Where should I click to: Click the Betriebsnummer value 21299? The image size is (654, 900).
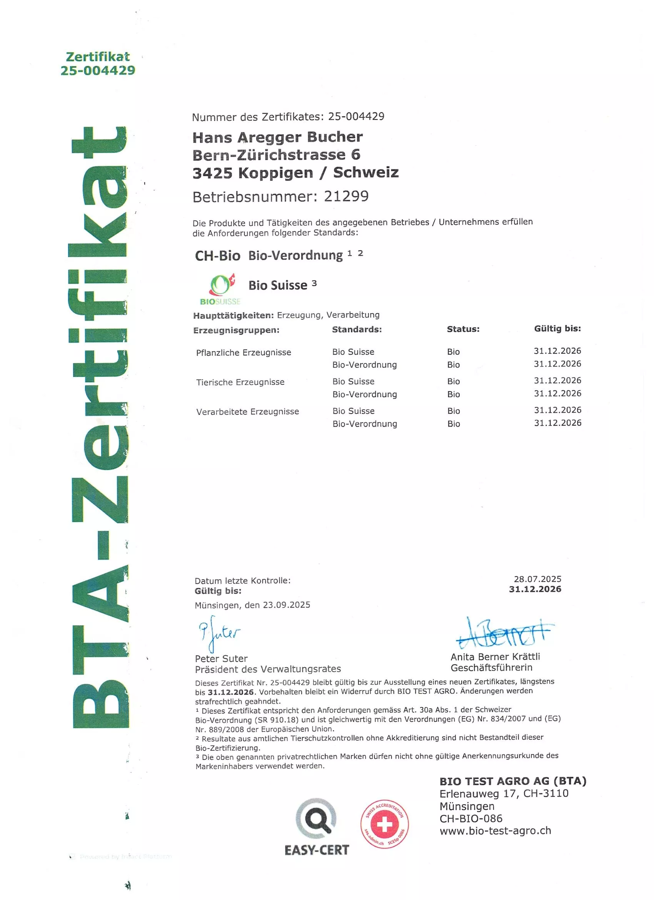click(x=346, y=196)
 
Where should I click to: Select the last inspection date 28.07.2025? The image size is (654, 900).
click(x=537, y=579)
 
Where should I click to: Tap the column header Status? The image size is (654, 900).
click(x=463, y=329)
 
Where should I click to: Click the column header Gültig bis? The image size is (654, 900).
click(x=557, y=328)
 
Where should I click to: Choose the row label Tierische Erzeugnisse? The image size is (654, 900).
click(x=240, y=382)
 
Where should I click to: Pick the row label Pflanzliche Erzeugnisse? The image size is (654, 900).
click(x=244, y=352)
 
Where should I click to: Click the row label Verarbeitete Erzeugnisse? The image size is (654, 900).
click(x=247, y=412)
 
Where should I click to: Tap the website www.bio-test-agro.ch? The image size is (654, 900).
click(x=496, y=831)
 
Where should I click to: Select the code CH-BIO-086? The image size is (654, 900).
click(x=471, y=818)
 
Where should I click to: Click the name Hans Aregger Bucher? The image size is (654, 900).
click(x=278, y=137)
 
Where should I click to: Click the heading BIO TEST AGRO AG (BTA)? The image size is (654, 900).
click(x=512, y=781)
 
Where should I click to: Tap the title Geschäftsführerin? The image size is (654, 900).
click(x=491, y=667)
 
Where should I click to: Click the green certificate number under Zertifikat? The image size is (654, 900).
click(x=98, y=70)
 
